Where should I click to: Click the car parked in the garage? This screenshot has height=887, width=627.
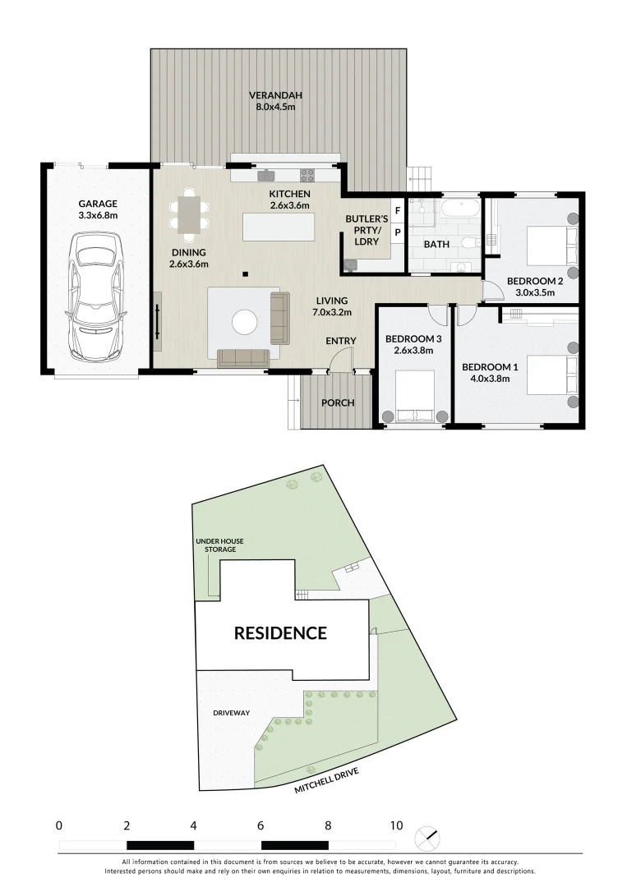click(97, 296)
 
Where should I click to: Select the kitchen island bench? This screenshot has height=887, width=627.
click(279, 227)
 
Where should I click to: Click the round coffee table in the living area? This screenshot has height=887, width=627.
click(245, 322)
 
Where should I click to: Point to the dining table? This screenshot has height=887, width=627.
click(190, 216)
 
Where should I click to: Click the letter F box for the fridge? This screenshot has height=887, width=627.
click(398, 211)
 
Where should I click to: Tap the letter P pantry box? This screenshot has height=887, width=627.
click(398, 232)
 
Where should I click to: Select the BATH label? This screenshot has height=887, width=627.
click(436, 245)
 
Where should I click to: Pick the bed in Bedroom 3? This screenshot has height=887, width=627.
click(416, 394)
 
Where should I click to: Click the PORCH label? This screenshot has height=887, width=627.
click(338, 402)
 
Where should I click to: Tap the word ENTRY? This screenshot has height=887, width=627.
click(341, 341)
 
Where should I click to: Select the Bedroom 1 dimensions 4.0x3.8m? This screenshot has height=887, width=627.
click(486, 379)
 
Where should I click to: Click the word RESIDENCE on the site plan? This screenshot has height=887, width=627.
click(280, 633)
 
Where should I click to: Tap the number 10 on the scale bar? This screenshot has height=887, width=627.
click(396, 825)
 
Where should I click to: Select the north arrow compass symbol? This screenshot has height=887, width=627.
click(427, 838)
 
